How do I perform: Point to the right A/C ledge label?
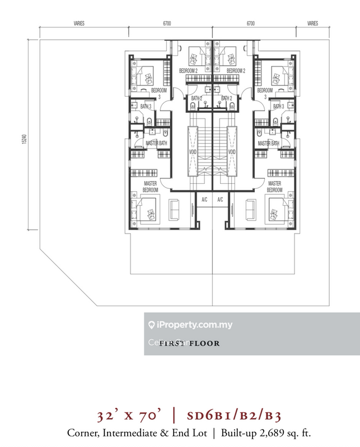[x=220, y=200]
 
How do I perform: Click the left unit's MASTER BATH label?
[x=157, y=144]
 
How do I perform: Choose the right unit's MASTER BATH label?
[x=267, y=144]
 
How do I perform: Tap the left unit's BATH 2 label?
[x=196, y=98]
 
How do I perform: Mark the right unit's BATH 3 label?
[x=278, y=106]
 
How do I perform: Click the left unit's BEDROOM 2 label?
[x=189, y=71]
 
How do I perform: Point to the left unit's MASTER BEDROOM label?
[x=150, y=187]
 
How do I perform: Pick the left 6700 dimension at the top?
[x=167, y=24]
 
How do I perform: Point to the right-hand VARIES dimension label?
[x=312, y=24]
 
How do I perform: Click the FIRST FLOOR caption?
[x=189, y=344]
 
